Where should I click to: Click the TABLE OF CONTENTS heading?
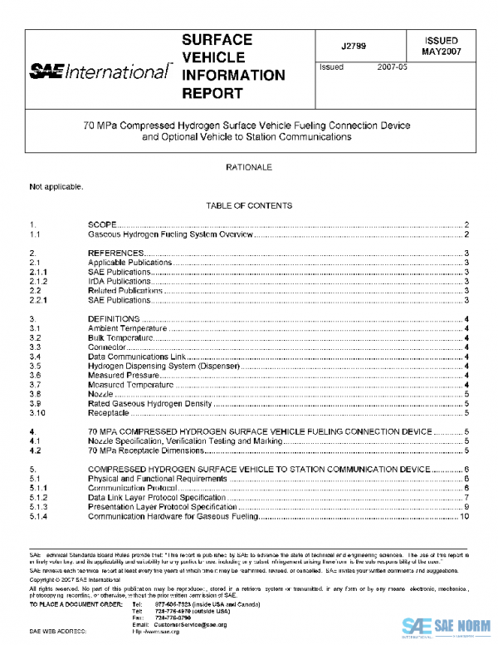point(249,205)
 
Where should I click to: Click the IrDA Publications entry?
point(120,281)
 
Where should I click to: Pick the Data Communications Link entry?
point(138,357)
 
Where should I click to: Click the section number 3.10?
point(37,412)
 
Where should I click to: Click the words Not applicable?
point(56,186)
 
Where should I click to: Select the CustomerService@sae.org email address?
point(191,623)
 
